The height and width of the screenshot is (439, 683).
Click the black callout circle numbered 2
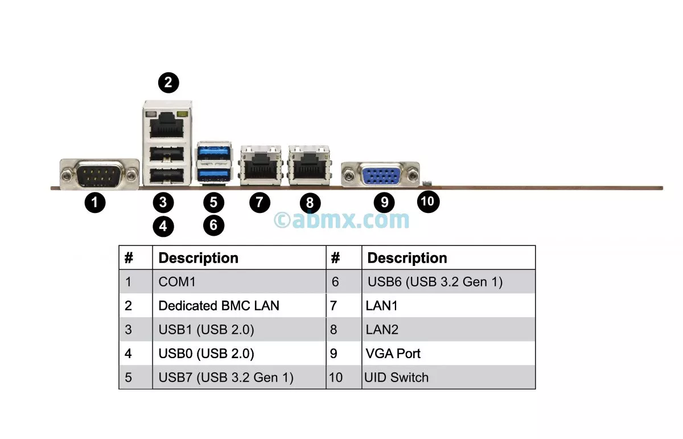tap(168, 83)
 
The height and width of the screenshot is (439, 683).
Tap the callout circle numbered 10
tap(428, 201)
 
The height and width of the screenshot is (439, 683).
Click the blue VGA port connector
tap(380, 174)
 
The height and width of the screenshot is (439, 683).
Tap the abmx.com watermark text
tap(341, 219)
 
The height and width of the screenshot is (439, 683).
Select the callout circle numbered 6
tap(213, 225)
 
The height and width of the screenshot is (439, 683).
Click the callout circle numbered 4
tap(163, 226)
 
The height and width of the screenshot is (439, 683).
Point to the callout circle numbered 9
tap(384, 202)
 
